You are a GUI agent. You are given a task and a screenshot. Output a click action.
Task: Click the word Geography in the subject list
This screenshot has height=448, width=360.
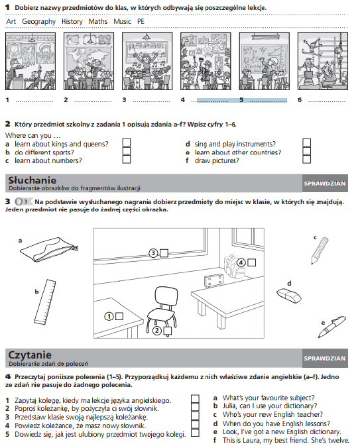[x=38, y=21]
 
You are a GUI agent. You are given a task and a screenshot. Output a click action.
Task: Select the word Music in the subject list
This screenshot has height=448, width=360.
[x=122, y=21]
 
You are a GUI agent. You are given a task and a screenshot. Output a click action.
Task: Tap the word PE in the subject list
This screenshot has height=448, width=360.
[x=141, y=21]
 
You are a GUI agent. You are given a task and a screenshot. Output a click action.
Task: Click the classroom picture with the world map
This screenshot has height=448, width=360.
[x=89, y=61]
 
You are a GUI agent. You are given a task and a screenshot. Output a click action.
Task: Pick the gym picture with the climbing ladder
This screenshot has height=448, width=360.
[x=323, y=61]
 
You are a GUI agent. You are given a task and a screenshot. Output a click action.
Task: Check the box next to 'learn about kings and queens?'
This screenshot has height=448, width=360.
[x=127, y=142]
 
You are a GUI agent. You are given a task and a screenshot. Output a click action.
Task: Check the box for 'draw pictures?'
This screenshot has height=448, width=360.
[x=306, y=160]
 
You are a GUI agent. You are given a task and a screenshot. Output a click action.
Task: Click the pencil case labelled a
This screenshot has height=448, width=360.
[x=49, y=249]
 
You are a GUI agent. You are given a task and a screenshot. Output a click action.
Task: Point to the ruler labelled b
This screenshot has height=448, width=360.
[x=45, y=302]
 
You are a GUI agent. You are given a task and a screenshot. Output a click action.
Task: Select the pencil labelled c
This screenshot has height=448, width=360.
[x=320, y=251]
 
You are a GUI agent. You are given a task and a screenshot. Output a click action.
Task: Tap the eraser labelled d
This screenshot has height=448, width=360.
[x=289, y=296]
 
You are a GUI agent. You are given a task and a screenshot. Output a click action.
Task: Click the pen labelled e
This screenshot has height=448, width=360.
[x=331, y=327]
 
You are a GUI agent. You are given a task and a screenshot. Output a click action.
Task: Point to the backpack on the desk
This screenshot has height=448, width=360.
[x=234, y=266]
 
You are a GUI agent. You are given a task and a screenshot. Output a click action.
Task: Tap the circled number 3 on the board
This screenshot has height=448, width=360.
[x=153, y=253]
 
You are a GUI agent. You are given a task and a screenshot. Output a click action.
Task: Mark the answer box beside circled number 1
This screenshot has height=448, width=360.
[x=119, y=316]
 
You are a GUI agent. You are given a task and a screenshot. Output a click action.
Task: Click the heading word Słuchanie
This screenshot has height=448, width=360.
[x=32, y=180]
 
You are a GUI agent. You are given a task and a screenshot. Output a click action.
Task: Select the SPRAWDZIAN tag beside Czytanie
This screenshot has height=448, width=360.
[x=325, y=359]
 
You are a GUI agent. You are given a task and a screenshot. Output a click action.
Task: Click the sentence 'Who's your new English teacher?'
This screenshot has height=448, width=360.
[x=272, y=414]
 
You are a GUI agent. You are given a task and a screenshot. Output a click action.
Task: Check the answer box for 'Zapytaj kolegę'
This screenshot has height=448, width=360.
[x=195, y=399]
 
